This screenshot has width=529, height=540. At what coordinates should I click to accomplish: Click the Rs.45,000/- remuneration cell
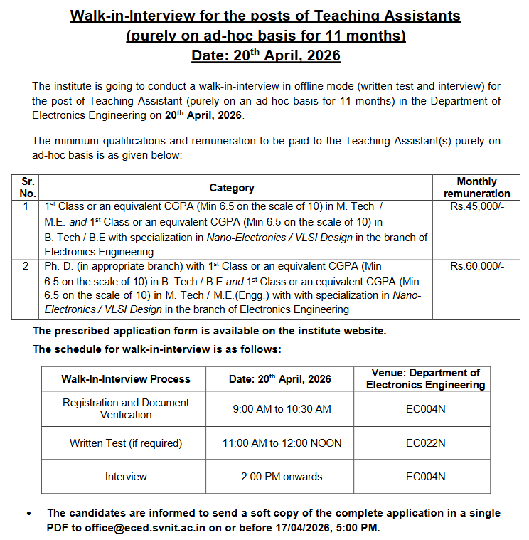(x=476, y=206)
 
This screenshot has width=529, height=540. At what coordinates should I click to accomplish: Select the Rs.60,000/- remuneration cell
(x=476, y=266)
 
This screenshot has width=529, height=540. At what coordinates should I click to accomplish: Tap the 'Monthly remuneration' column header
(x=476, y=187)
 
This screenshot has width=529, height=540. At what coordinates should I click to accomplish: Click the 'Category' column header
(x=232, y=188)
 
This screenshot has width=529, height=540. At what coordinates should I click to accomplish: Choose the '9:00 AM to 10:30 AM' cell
(x=282, y=408)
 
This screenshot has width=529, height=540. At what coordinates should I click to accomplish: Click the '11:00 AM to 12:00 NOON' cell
(x=282, y=443)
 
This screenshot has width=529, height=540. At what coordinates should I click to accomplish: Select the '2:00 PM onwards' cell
(x=282, y=477)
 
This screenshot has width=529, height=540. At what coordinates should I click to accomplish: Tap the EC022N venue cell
(x=425, y=443)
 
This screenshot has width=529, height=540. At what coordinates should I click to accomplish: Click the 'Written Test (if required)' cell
(x=126, y=443)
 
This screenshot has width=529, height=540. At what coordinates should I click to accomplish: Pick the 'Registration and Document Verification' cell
(x=126, y=408)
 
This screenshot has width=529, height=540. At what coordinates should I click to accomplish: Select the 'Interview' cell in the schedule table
(x=126, y=477)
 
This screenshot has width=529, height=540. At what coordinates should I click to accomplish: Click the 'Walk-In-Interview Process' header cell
(x=126, y=379)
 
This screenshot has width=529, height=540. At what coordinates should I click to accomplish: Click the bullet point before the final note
(x=28, y=513)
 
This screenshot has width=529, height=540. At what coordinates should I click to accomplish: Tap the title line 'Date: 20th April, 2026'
(x=265, y=55)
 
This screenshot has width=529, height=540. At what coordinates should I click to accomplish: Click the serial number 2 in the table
(x=26, y=266)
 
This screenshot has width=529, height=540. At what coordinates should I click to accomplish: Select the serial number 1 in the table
(x=26, y=206)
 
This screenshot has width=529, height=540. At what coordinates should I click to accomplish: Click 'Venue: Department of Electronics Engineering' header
(x=425, y=378)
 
